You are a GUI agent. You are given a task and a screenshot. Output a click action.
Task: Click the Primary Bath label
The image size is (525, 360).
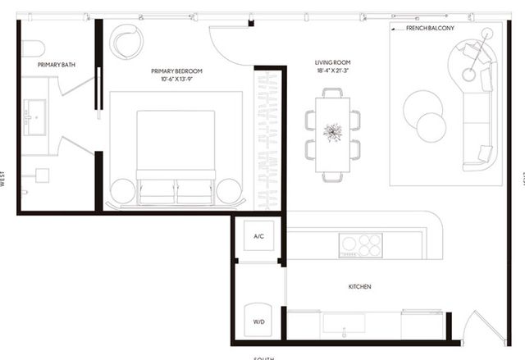pos(57,63)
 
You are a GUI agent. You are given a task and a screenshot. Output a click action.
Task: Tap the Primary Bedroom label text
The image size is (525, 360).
pos(176,71)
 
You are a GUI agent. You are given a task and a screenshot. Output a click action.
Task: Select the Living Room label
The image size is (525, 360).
pos(333,62)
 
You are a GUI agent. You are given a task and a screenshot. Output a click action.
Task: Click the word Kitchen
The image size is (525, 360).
pos(360,287)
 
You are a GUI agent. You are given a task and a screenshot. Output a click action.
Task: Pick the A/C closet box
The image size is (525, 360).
pos(258,237)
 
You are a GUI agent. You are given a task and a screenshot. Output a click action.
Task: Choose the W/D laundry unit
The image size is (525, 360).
pos(258,318)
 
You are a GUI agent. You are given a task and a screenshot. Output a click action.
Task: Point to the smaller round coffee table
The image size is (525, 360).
pos(433,127)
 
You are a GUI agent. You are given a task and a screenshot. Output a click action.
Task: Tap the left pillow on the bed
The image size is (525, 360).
pos(155,189)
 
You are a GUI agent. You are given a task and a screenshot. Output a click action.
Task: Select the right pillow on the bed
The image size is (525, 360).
pos(196,189)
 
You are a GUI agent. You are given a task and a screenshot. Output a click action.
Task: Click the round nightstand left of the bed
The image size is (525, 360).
pos(121,189)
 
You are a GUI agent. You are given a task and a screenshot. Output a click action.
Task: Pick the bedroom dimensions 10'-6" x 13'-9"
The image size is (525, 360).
pos(176,80)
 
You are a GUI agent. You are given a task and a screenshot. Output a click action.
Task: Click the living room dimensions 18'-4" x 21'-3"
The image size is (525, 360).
pos(333,72)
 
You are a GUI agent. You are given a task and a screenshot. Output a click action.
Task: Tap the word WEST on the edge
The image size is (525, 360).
pos(4,180)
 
